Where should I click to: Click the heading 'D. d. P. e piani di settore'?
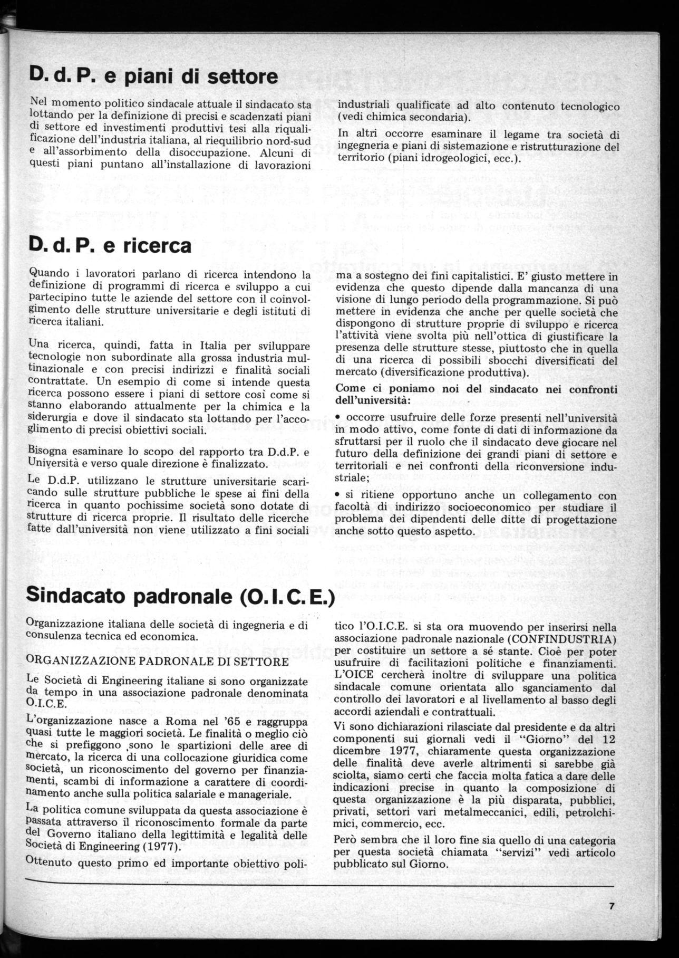[x=153, y=76]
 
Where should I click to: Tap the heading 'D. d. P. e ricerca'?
[x=110, y=245]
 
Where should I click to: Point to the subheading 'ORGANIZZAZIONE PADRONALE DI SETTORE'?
[x=157, y=661]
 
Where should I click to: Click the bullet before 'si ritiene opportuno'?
[x=338, y=496]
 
